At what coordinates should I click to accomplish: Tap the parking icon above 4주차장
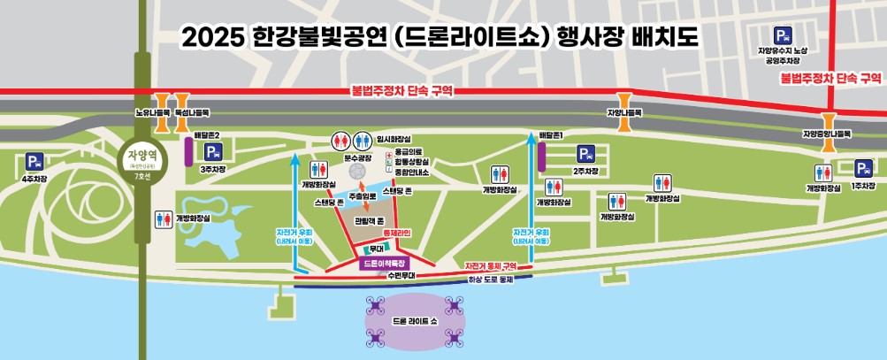[34, 163]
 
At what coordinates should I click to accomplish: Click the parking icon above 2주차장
[585, 155]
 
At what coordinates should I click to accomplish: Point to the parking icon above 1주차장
[863, 168]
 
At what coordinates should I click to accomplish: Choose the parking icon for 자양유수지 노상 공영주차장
[783, 36]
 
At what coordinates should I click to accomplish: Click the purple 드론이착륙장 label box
[385, 264]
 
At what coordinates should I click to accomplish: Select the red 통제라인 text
[397, 233]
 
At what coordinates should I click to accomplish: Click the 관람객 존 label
[367, 220]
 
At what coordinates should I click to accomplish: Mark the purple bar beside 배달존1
[540, 155]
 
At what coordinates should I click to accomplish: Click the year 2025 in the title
[209, 38]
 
